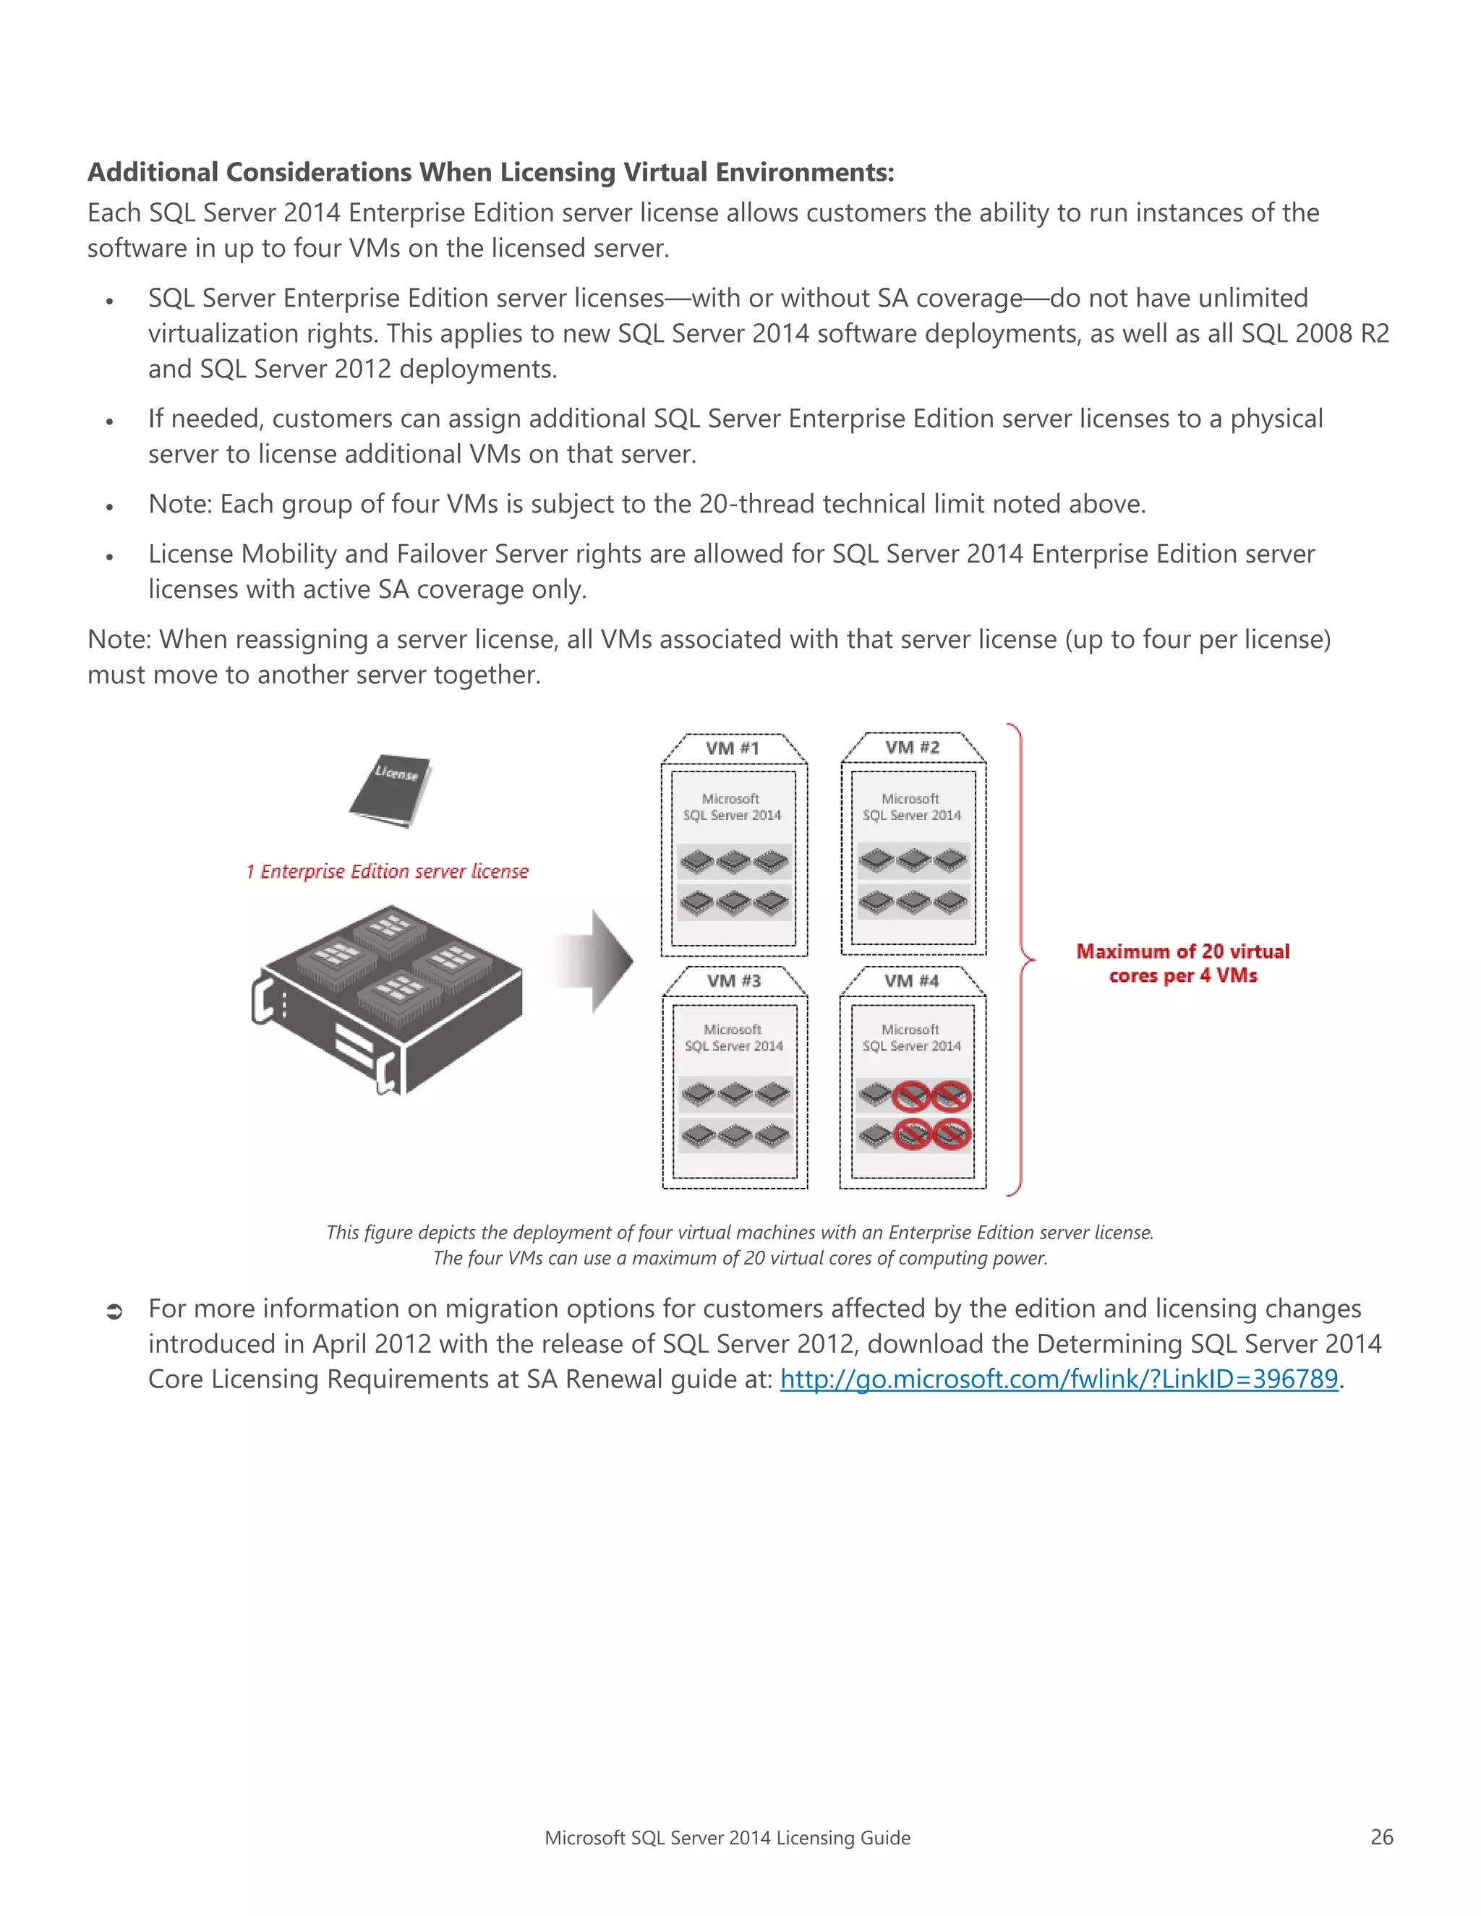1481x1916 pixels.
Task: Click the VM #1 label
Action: tap(733, 748)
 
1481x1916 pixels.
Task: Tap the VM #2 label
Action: tap(913, 748)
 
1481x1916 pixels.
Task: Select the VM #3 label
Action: tap(735, 981)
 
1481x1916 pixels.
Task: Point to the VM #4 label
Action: tap(912, 981)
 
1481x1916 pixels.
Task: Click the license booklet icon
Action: tap(391, 790)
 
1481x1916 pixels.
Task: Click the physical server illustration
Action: tap(387, 999)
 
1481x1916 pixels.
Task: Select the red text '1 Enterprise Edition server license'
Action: tap(387, 871)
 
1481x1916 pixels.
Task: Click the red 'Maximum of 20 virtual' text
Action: tap(1182, 952)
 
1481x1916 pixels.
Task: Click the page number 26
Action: tap(1382, 1837)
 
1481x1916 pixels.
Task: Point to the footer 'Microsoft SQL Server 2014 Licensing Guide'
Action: tap(727, 1838)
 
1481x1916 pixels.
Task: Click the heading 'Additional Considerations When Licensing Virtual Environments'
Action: tap(490, 172)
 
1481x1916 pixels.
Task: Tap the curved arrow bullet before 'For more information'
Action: tap(114, 1312)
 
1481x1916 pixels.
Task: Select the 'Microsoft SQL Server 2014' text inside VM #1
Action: tap(733, 807)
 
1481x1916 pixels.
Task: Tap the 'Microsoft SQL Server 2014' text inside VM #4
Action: tap(912, 1038)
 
